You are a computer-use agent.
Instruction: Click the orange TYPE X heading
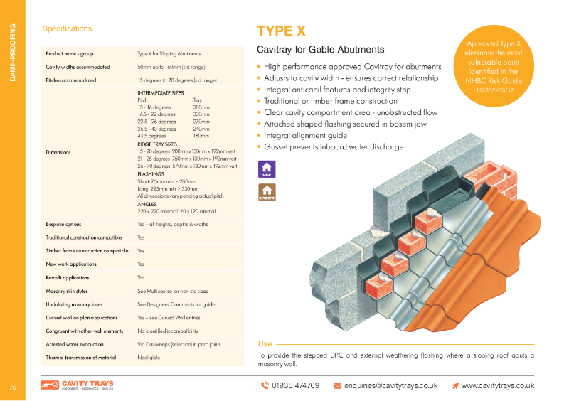pos(281,31)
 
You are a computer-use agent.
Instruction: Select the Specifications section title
pos(67,29)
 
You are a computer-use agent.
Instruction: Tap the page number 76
pos(12,387)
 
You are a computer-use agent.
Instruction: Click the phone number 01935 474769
pos(290,385)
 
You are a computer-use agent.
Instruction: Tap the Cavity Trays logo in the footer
pos(77,385)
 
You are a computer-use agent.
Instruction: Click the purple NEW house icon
pos(267,169)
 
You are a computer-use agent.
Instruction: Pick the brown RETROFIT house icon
pos(267,192)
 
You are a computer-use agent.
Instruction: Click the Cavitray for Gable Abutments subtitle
pos(320,50)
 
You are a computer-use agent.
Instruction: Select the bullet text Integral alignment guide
pos(305,135)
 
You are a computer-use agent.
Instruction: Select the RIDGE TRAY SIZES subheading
pos(156,144)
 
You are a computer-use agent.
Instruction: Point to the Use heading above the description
pos(265,343)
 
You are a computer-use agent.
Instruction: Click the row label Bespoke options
pos(63,224)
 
